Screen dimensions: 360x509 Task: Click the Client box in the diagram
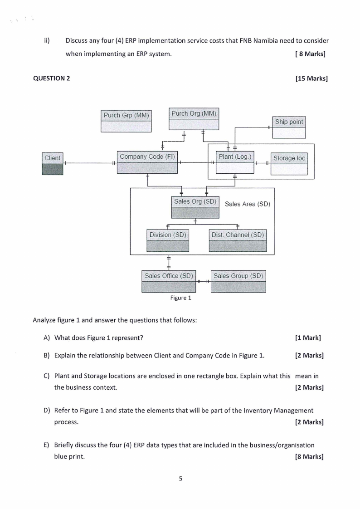pos(52,164)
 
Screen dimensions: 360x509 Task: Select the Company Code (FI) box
pos(147,162)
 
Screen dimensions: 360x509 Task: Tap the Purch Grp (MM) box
pos(126,121)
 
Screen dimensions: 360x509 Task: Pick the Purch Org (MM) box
pos(194,119)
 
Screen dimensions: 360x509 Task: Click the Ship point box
pos(289,127)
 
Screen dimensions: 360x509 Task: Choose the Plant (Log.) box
pos(235,162)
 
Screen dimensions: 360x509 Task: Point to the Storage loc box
pos(289,164)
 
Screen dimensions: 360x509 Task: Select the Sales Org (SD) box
pos(195,207)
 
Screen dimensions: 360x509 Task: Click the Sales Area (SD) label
pos(248,204)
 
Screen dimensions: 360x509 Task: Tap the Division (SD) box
pos(168,241)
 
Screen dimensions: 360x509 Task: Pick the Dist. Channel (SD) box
pos(238,241)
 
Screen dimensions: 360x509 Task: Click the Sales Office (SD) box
pos(169,281)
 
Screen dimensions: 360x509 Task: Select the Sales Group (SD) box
pos(238,281)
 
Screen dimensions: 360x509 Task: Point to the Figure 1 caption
pos(180,298)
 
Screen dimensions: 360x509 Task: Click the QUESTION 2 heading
pos(52,78)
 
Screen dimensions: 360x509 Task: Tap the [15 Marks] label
pos(311,78)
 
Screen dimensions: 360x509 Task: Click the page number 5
pos(180,479)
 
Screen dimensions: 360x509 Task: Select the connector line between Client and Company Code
pos(90,163)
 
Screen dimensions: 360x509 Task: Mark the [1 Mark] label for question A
pos(308,338)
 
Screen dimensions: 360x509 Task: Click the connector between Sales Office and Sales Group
pos(204,281)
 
